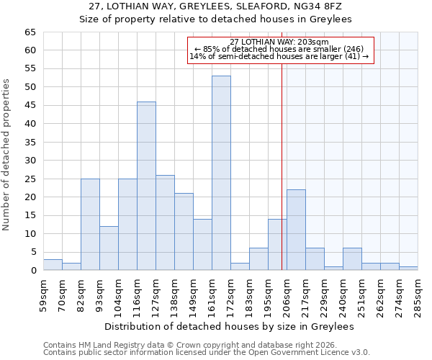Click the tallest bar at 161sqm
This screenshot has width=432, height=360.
coord(221,173)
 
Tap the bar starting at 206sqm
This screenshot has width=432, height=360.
coord(296,230)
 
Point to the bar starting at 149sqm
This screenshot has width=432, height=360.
coord(202,245)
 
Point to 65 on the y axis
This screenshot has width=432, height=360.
coord(30,32)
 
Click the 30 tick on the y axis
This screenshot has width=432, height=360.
coord(30,161)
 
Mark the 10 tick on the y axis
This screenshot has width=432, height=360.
coord(30,234)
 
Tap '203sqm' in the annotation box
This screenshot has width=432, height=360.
coord(315,42)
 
